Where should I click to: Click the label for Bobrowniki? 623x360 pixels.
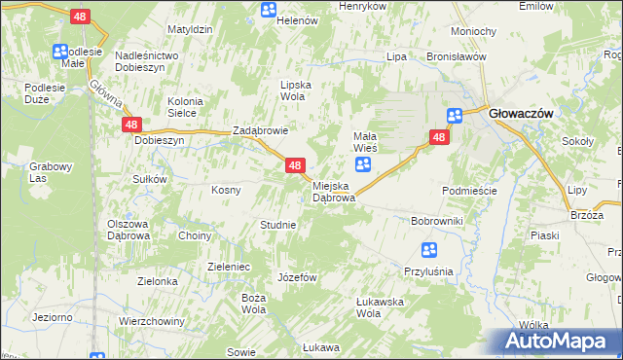(437, 222)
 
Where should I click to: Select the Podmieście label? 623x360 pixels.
(469, 191)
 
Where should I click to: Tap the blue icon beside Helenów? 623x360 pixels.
(270, 10)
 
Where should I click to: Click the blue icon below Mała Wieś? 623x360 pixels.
(362, 165)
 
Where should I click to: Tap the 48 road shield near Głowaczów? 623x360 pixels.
(440, 138)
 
